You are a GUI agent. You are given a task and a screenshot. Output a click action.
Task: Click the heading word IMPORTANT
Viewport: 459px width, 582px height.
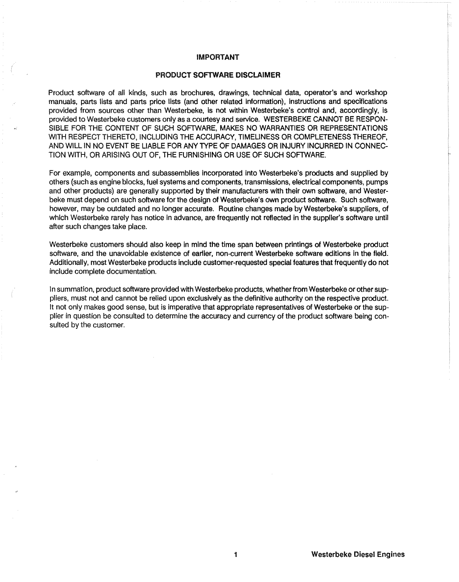(x=218, y=57)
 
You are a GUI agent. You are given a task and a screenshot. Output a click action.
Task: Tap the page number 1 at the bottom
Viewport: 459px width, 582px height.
(x=235, y=555)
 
